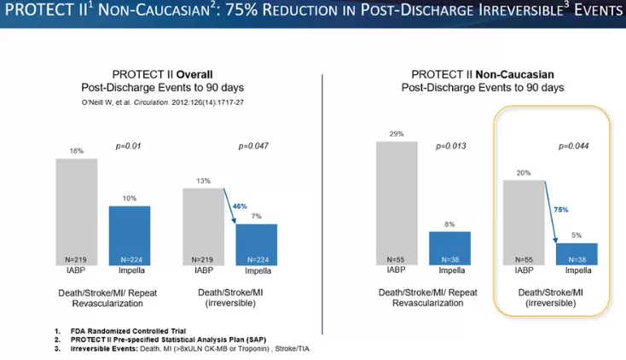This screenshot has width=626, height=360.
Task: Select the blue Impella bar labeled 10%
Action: point(130,235)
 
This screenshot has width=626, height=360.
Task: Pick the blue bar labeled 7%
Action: point(256,243)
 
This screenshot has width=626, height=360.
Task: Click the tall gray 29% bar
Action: point(397,201)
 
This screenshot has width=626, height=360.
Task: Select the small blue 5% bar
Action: point(577,253)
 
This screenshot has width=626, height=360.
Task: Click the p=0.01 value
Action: point(128,146)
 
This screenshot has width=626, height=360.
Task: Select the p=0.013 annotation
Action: point(452,146)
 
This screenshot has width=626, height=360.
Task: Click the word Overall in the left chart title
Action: point(194,74)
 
